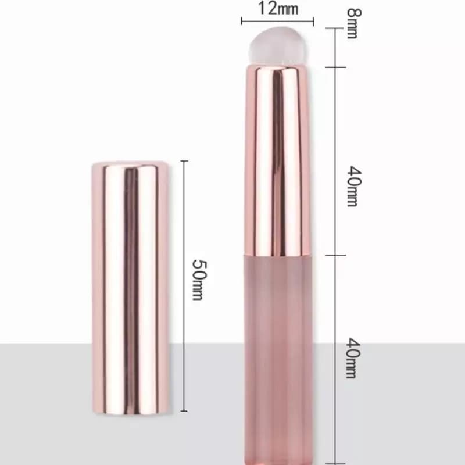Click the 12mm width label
pyautogui.click(x=278, y=8)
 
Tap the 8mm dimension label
pyautogui.click(x=354, y=23)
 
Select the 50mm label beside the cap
pyautogui.click(x=199, y=280)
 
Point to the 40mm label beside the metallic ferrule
pyautogui.click(x=354, y=186)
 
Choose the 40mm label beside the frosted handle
pyautogui.click(x=353, y=358)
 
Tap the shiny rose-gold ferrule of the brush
pyautogui.click(x=277, y=160)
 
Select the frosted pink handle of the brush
pyautogui.click(x=278, y=359)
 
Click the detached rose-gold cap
pyautogui.click(x=130, y=288)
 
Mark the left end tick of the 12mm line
pyautogui.click(x=242, y=21)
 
